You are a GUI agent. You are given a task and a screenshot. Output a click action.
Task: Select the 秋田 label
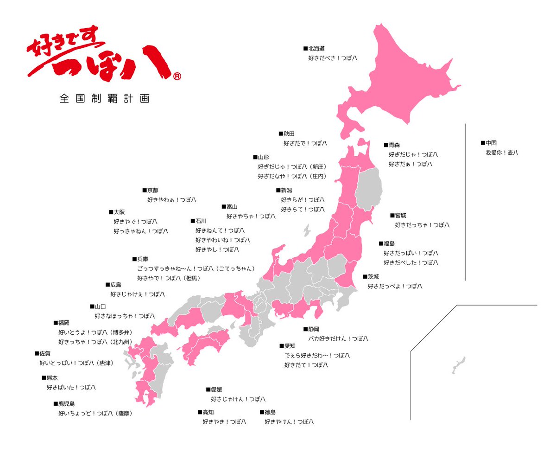(289, 134)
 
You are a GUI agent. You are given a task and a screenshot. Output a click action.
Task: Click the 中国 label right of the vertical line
(491, 143)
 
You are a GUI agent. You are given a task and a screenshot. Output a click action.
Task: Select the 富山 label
(232, 207)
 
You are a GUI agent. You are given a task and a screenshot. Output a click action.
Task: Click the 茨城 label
(373, 277)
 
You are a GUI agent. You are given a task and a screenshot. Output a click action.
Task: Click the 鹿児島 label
(66, 404)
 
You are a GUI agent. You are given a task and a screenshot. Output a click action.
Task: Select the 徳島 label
(270, 412)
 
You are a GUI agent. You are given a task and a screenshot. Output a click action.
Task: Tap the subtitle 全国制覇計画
(104, 99)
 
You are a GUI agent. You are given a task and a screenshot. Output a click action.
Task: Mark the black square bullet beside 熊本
(44, 377)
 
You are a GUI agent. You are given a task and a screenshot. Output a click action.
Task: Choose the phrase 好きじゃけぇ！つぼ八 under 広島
(137, 294)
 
